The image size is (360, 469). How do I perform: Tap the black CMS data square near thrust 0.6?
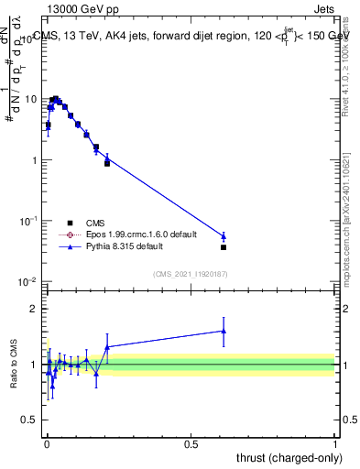click(x=224, y=247)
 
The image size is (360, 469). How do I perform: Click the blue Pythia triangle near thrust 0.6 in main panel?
click(x=224, y=236)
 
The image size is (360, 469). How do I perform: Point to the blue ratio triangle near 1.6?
click(x=224, y=331)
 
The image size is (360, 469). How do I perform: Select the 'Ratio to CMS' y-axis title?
click(x=15, y=365)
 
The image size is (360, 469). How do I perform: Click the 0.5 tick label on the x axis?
click(x=191, y=443)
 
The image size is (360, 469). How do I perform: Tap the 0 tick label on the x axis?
click(x=47, y=443)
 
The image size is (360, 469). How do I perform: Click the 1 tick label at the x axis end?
click(x=335, y=443)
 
